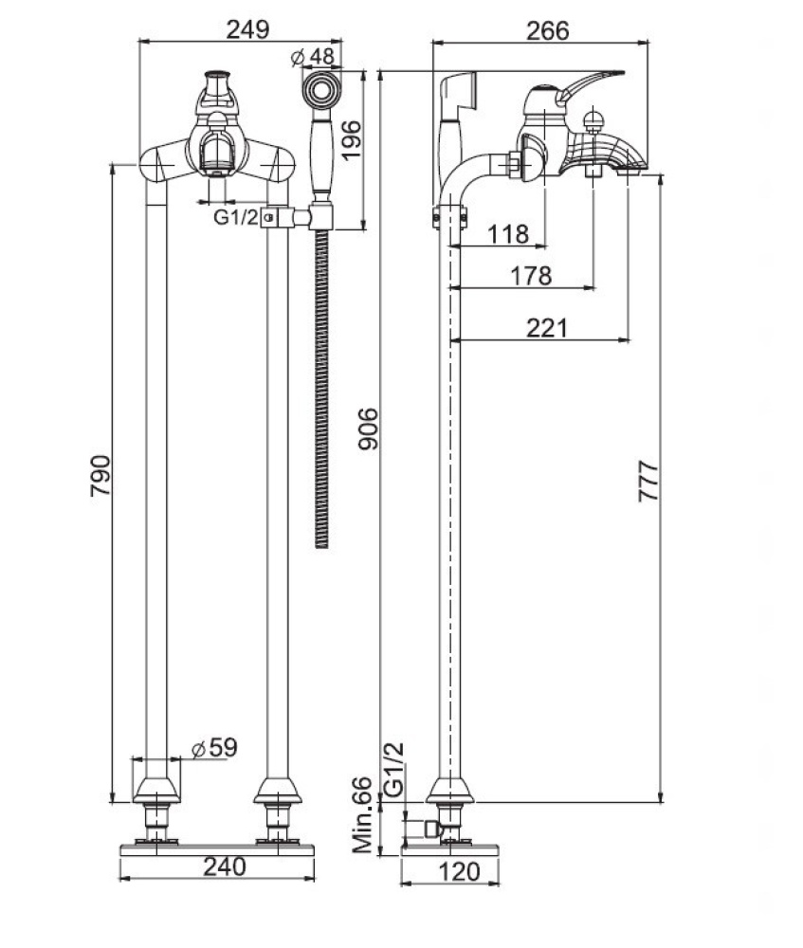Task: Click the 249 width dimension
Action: click(x=248, y=28)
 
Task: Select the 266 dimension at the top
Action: click(x=548, y=29)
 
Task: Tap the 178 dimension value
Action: click(x=531, y=276)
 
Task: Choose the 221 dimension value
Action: click(x=548, y=328)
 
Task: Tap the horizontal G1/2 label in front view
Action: click(x=235, y=217)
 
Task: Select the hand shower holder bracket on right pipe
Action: click(x=277, y=217)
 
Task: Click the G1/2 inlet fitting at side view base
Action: click(x=431, y=830)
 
